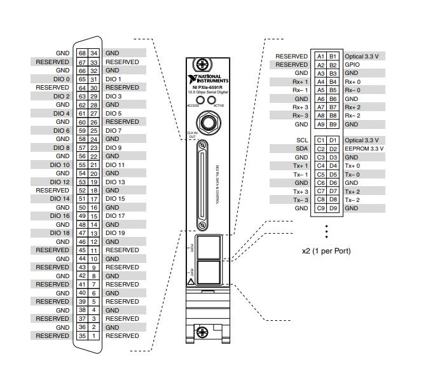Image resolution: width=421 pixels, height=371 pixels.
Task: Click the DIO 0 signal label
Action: (x=62, y=79)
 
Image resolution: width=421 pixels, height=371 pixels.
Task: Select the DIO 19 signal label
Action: (x=115, y=233)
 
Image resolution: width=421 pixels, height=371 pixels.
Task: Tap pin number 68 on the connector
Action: (x=82, y=53)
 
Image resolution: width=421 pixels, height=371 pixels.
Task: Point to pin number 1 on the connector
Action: (x=93, y=335)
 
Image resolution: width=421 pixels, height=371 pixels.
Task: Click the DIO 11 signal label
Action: (x=115, y=165)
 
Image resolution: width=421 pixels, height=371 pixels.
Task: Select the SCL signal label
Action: (x=302, y=140)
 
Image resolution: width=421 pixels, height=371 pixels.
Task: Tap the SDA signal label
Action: (x=301, y=148)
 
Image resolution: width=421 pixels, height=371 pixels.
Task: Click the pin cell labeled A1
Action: (x=321, y=57)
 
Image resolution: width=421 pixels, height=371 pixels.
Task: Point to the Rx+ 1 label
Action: (x=300, y=82)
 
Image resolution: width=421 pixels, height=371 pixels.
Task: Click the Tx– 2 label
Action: (x=352, y=200)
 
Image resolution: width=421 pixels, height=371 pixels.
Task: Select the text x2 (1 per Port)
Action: (x=326, y=250)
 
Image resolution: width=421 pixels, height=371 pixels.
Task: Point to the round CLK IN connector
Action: (x=206, y=121)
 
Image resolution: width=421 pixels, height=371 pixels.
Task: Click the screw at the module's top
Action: (x=203, y=64)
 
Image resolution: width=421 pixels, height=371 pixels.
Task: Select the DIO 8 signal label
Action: (x=62, y=147)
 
